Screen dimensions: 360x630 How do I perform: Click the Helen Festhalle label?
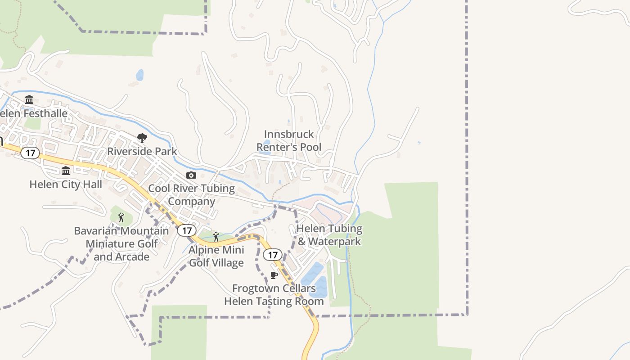34,113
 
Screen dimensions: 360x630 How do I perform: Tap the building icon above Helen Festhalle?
29,99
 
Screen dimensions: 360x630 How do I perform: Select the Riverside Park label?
142,151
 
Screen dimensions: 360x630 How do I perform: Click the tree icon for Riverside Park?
142,138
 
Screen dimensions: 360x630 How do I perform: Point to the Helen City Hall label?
66,184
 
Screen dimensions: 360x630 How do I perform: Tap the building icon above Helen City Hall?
66,171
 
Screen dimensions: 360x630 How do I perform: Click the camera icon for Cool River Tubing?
191,175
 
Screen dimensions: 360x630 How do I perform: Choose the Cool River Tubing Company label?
192,194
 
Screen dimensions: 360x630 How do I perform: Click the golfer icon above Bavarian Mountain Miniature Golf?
121,218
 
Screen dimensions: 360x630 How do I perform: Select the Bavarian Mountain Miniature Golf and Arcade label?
121,243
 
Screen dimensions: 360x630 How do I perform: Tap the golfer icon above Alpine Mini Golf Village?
216,237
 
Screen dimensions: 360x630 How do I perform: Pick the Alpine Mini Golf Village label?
216,256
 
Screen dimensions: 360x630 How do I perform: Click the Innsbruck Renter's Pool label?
289,140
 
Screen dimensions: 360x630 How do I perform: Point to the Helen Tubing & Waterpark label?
329,235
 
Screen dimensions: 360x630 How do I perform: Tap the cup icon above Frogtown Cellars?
274,275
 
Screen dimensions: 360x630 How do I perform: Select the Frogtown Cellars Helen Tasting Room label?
274,295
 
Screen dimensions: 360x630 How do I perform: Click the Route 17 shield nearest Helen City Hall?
30,153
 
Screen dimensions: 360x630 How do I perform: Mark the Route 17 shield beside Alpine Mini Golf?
187,231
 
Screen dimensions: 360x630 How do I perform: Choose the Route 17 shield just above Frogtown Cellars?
272,255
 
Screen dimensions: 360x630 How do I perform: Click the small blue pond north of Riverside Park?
140,75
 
